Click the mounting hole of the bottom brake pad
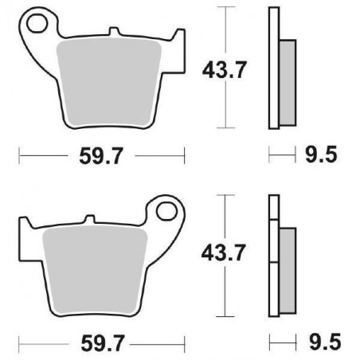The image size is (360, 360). tap(167, 212)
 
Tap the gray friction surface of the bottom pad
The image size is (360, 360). tap(94, 267)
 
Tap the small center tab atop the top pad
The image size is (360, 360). tap(118, 34)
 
